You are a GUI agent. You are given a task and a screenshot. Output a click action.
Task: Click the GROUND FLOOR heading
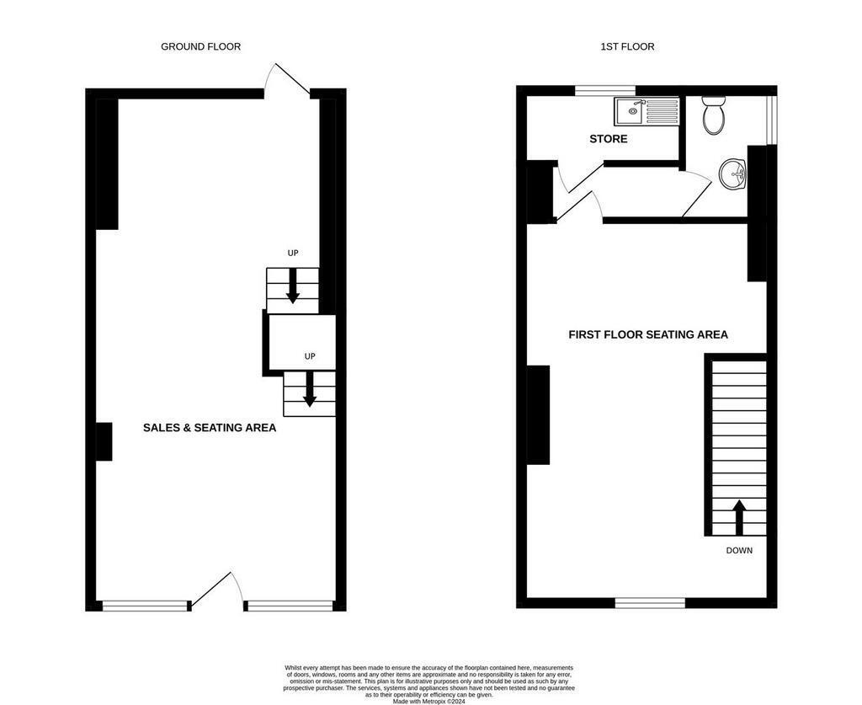pos(200,47)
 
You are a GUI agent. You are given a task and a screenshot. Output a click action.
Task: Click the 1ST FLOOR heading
pos(627,47)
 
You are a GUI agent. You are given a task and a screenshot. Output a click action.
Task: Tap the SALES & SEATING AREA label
pos(210,428)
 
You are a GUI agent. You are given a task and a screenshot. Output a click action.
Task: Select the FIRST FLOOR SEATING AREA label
pos(648,334)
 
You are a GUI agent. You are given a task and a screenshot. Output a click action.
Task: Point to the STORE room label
pos(608,139)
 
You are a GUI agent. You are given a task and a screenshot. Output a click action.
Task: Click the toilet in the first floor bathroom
pos(714,116)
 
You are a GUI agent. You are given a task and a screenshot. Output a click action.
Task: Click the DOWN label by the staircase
pos(739,551)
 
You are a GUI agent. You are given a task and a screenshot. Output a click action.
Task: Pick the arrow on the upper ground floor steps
pos(293,286)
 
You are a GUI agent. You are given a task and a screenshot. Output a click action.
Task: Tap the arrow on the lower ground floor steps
pos(310,390)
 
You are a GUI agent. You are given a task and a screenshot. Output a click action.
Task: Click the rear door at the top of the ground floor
pos(287,80)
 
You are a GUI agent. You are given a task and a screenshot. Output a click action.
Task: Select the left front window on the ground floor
pos(144,605)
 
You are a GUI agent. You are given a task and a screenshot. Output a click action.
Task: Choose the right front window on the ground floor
pos(290,605)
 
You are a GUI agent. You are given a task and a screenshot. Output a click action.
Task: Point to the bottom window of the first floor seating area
pos(650,602)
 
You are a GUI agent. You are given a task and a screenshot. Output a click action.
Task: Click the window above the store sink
pos(604,89)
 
